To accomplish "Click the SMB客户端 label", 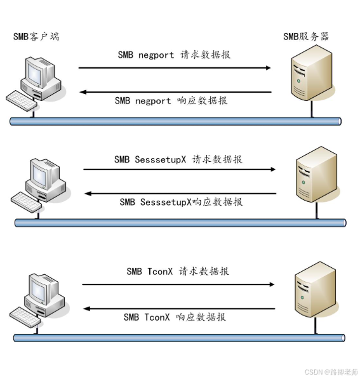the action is (36, 36).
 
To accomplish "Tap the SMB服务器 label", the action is (306, 36).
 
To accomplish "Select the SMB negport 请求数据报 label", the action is (174, 55).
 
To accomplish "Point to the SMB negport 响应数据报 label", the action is (171, 100).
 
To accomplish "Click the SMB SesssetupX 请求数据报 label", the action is (178, 159).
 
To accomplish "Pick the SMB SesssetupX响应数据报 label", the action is (181, 202).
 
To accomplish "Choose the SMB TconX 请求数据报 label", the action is (178, 271).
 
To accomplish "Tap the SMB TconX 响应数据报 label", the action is (175, 317).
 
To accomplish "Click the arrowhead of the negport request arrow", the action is (268, 68).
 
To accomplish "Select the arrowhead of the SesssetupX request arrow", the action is (273, 170).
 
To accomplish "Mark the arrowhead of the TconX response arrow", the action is (86, 309).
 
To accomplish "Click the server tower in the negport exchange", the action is (312, 73).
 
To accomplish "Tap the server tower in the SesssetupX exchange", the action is (316, 175).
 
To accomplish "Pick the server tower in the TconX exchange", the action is (316, 289).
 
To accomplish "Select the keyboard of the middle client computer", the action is (27, 203).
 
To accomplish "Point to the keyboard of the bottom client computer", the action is (25, 317).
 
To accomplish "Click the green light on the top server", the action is (298, 81).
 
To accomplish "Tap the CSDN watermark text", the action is (331, 372).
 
